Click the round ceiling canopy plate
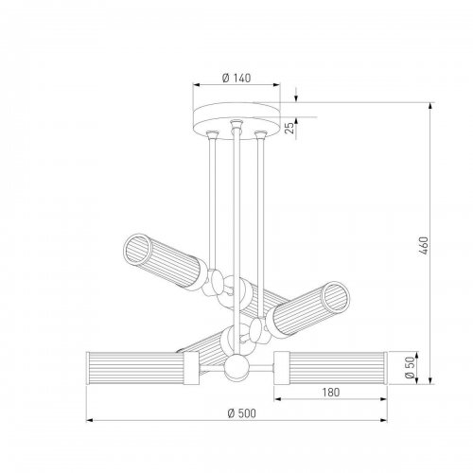point(236,123)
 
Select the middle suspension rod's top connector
point(233,125)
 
